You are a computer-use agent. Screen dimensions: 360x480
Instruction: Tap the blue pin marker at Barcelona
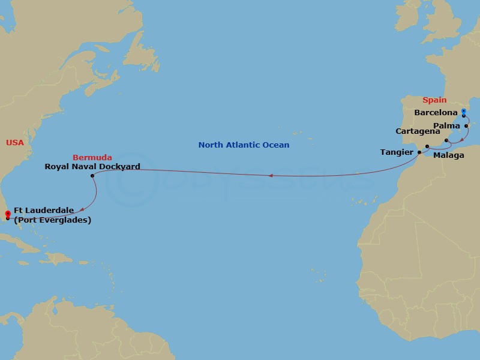click(463, 112)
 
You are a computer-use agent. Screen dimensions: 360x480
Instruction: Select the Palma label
click(446, 126)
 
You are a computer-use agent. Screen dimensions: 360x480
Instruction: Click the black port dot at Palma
click(466, 126)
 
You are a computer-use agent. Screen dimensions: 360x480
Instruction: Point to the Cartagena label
click(418, 131)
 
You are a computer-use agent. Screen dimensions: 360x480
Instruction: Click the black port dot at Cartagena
click(446, 141)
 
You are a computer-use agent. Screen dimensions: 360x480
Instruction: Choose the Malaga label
click(449, 155)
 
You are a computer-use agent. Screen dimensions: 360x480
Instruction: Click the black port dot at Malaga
click(427, 147)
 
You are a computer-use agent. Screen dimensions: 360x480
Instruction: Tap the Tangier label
click(397, 152)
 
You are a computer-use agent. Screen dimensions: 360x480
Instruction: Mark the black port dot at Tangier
click(419, 152)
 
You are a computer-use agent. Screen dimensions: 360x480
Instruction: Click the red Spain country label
click(434, 100)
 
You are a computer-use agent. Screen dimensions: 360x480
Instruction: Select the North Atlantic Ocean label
click(244, 145)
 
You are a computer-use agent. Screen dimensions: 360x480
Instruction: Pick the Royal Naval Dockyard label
click(92, 166)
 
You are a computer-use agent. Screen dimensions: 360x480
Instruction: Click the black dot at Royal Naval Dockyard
click(92, 176)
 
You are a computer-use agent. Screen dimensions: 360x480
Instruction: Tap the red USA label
click(15, 142)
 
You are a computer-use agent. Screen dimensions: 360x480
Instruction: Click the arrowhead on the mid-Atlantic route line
click(271, 176)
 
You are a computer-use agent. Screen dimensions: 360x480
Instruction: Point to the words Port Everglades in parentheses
click(52, 220)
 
